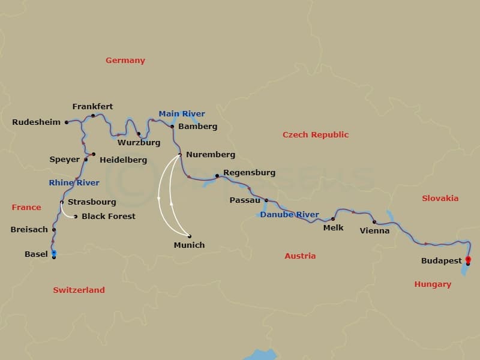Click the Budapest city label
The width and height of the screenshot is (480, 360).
442,261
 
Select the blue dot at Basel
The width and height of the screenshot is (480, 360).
54,253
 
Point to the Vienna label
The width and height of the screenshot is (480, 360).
374,230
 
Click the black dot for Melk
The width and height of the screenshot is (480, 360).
333,219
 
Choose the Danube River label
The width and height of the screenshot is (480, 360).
290,214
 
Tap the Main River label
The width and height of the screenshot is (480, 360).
182,113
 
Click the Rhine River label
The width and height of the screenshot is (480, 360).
74,182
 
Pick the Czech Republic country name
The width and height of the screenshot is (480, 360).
316,134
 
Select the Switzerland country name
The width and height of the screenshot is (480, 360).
79,290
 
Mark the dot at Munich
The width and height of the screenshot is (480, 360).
190,236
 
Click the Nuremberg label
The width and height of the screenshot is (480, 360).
211,154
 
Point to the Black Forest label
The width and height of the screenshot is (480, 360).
109,216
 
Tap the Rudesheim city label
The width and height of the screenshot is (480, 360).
37,122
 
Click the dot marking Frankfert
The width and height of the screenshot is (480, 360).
93,116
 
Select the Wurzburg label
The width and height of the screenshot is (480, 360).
139,143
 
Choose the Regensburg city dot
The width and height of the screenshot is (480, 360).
217,176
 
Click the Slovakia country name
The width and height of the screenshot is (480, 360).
440,198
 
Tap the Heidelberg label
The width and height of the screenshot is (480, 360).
123,160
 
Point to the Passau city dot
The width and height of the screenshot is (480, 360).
266,200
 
